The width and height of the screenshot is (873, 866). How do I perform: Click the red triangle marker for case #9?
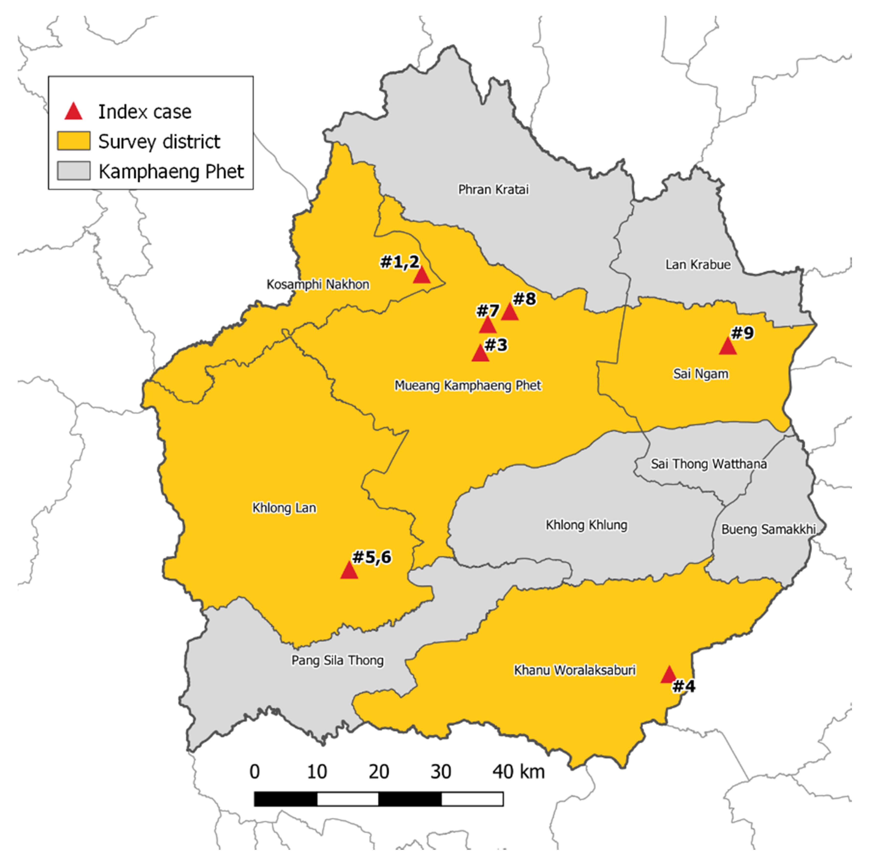[727, 347]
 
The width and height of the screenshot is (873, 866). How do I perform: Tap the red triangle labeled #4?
[668, 675]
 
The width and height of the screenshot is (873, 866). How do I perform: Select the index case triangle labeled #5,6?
[349, 571]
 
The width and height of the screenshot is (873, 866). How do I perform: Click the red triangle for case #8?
[510, 312]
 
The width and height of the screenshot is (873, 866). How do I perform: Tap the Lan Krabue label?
[698, 264]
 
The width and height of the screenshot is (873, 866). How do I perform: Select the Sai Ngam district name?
[701, 374]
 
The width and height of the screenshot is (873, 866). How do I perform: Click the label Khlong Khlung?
[586, 525]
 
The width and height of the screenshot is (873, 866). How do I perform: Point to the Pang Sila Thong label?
[337, 661]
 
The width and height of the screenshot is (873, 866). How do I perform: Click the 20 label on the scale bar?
[379, 772]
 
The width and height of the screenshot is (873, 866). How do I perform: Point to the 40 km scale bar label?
[518, 772]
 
